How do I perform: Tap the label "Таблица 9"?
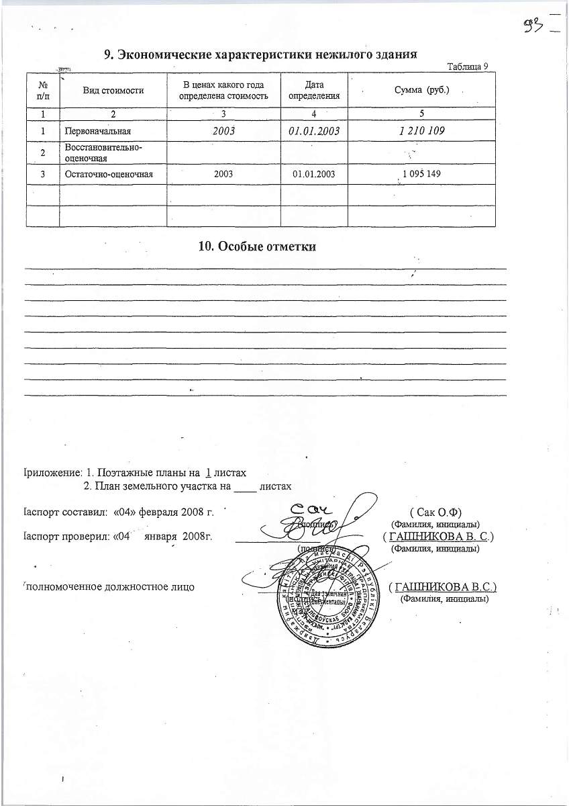pos(468,65)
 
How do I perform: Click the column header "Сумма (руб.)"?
pos(422,89)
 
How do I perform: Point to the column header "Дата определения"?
pos(314,89)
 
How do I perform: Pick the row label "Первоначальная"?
pos(95,131)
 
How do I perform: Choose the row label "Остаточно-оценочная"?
pos(106,174)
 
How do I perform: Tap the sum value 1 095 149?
pos(421,174)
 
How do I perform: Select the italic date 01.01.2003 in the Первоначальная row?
pos(314,131)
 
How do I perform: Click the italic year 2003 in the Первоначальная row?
pos(223,131)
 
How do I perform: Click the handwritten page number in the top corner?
pos(534,26)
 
